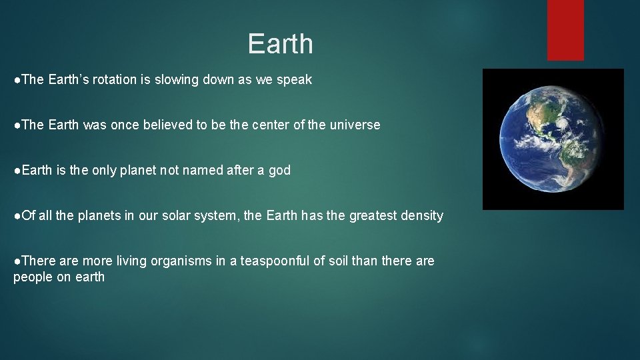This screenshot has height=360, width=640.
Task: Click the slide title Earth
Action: pyautogui.click(x=280, y=44)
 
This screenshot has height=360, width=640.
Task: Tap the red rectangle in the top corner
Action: pyautogui.click(x=565, y=29)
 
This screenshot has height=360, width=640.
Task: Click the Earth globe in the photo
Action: pyautogui.click(x=553, y=139)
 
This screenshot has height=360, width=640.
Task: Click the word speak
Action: pyautogui.click(x=295, y=80)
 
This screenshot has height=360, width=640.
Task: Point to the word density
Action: pyautogui.click(x=421, y=216)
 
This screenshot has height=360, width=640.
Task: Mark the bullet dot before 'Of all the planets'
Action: pyautogui.click(x=17, y=216)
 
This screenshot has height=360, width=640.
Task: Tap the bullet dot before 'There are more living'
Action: pyautogui.click(x=17, y=261)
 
